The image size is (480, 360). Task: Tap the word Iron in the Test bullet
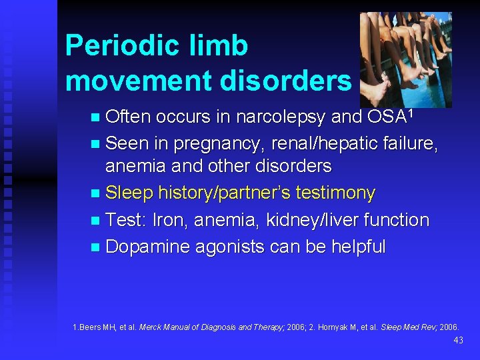coord(169,220)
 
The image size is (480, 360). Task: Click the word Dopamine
coord(147,247)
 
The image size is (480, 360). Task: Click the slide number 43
coord(458,340)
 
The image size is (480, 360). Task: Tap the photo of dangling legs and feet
coord(405,60)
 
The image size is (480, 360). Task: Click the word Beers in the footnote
coord(91,327)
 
